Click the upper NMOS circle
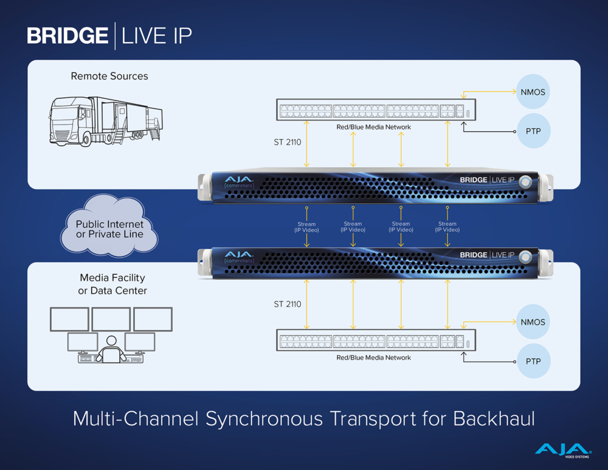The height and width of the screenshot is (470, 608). point(533,92)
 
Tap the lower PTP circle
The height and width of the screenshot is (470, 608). point(533,361)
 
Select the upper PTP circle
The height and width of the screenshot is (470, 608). point(533,131)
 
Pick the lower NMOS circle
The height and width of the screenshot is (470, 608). point(533,322)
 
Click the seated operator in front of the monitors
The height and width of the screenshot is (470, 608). point(111,351)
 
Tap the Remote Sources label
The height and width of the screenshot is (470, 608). point(109,76)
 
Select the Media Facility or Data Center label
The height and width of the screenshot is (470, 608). point(112,284)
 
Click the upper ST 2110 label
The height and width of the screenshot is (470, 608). point(287,143)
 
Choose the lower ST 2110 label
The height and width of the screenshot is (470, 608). point(287,304)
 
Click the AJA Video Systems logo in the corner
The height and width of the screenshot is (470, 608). point(562,449)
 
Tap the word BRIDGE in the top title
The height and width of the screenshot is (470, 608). point(67,36)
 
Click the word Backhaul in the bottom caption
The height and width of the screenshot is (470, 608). point(494,419)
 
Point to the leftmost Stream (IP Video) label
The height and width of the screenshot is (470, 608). point(306,227)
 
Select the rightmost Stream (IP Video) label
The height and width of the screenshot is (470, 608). point(447,227)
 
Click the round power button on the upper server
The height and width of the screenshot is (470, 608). point(525,181)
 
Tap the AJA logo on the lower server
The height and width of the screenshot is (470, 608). point(239,254)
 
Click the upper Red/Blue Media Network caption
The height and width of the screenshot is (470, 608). point(373,127)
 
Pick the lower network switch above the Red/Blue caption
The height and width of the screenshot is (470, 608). point(375,341)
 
